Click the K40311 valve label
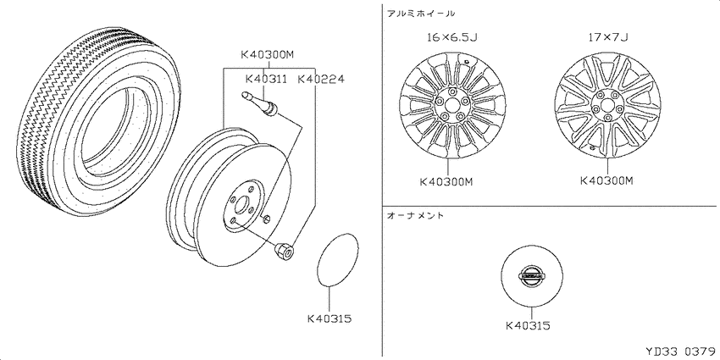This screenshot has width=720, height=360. point(266,79)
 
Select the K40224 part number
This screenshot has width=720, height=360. point(321,79)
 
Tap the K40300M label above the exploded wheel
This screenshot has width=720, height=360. point(267,56)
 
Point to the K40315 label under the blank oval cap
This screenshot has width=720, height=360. point(330,318)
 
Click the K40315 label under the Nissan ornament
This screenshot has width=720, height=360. point(528,325)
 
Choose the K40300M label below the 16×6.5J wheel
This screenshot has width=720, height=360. point(446,182)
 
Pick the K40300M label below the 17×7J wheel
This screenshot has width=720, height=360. point(606,181)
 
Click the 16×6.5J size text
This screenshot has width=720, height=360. point(451,37)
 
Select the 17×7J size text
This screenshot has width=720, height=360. point(608,37)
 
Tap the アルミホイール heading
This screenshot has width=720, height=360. point(421,14)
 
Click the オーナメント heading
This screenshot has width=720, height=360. point(416,215)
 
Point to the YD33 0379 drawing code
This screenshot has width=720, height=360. point(681,352)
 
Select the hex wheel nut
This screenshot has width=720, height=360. point(285,252)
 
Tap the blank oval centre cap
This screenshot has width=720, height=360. point(338,259)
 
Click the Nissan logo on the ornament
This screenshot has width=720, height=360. point(531,277)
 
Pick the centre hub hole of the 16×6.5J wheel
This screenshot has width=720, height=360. point(452,108)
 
